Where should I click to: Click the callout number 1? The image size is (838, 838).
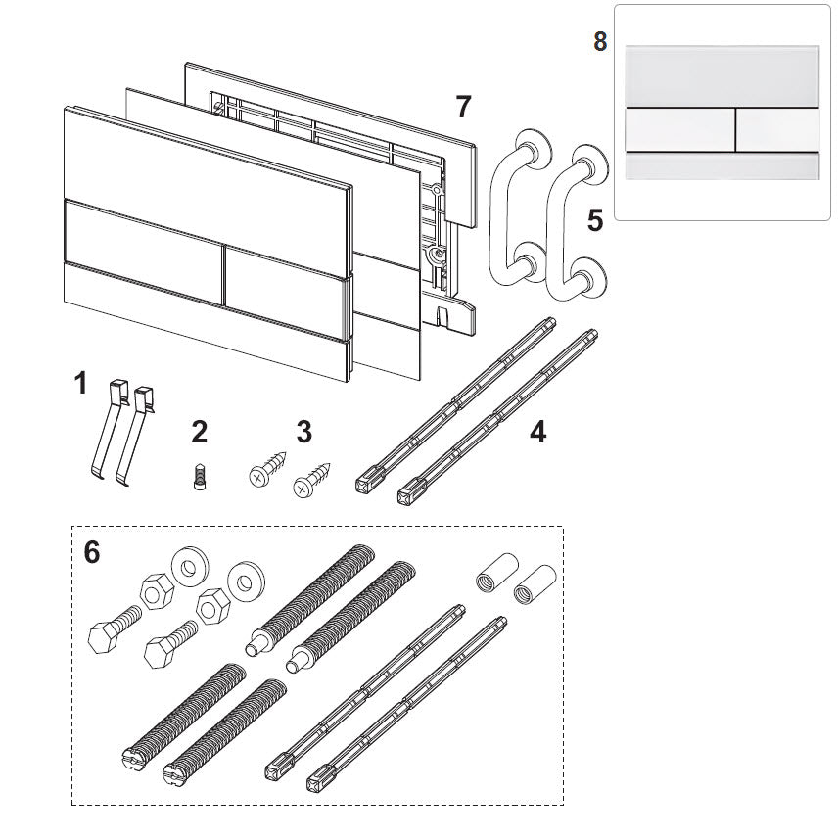point(81,383)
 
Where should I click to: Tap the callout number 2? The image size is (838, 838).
point(200,431)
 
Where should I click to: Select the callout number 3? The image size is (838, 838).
point(303,431)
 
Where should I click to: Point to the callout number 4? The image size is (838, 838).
point(537,431)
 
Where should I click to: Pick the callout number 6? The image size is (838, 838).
point(92,553)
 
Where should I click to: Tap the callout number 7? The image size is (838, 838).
point(463,106)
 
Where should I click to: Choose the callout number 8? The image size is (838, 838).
point(600,42)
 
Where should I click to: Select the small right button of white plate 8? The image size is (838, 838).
point(776,128)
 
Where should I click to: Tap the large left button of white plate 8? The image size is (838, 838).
point(676,128)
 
